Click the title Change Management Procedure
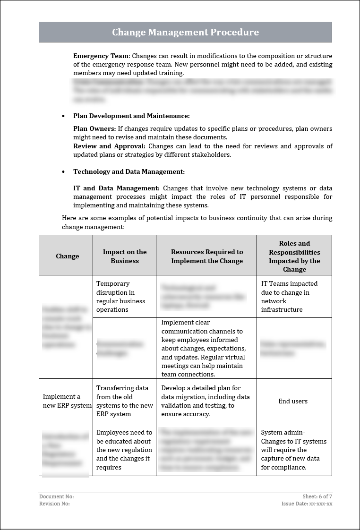[x=185, y=32]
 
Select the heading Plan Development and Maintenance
[x=131, y=116]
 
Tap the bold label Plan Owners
[x=94, y=128]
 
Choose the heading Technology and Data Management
[x=129, y=171]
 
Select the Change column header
[x=68, y=256]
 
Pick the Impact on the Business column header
[x=125, y=256]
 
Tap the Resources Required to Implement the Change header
[x=207, y=256]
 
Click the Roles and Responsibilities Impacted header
[x=294, y=256]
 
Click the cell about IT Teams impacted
[x=289, y=297]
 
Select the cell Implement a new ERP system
[x=66, y=401]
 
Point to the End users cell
[x=293, y=401]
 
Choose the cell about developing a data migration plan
[x=206, y=401]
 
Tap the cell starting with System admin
[x=293, y=450]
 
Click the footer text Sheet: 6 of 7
[x=317, y=496]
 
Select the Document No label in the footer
[x=56, y=496]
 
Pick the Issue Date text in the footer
[x=307, y=504]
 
